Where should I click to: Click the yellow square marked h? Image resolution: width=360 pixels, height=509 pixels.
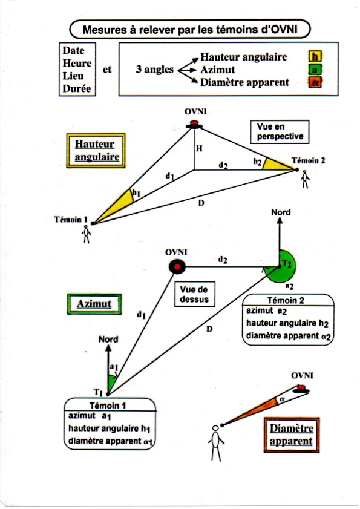click(315, 57)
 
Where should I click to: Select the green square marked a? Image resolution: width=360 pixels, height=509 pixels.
click(315, 70)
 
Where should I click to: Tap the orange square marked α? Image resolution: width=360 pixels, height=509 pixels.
click(315, 82)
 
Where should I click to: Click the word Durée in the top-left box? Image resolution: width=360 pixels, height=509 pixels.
click(77, 88)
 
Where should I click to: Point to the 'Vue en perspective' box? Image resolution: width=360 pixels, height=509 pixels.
click(280, 132)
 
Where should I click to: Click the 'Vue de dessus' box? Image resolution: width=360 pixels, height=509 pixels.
click(194, 294)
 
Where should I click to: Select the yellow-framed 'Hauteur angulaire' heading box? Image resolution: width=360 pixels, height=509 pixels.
click(96, 151)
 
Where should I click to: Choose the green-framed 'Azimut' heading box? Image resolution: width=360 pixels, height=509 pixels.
click(94, 304)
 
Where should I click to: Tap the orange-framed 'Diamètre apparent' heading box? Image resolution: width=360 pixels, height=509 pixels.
click(292, 435)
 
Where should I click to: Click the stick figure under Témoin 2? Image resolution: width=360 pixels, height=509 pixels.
click(305, 180)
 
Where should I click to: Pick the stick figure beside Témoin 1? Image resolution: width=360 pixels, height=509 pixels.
click(87, 234)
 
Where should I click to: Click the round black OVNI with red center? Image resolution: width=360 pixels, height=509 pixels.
click(177, 267)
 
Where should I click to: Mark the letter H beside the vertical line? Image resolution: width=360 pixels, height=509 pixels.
click(199, 148)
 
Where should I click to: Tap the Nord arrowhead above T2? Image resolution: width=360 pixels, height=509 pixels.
click(280, 220)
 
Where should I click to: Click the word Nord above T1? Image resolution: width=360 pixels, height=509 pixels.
click(108, 339)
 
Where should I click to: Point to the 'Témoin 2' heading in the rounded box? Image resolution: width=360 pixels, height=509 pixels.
click(286, 300)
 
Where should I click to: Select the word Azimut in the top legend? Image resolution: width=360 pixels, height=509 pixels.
click(217, 70)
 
